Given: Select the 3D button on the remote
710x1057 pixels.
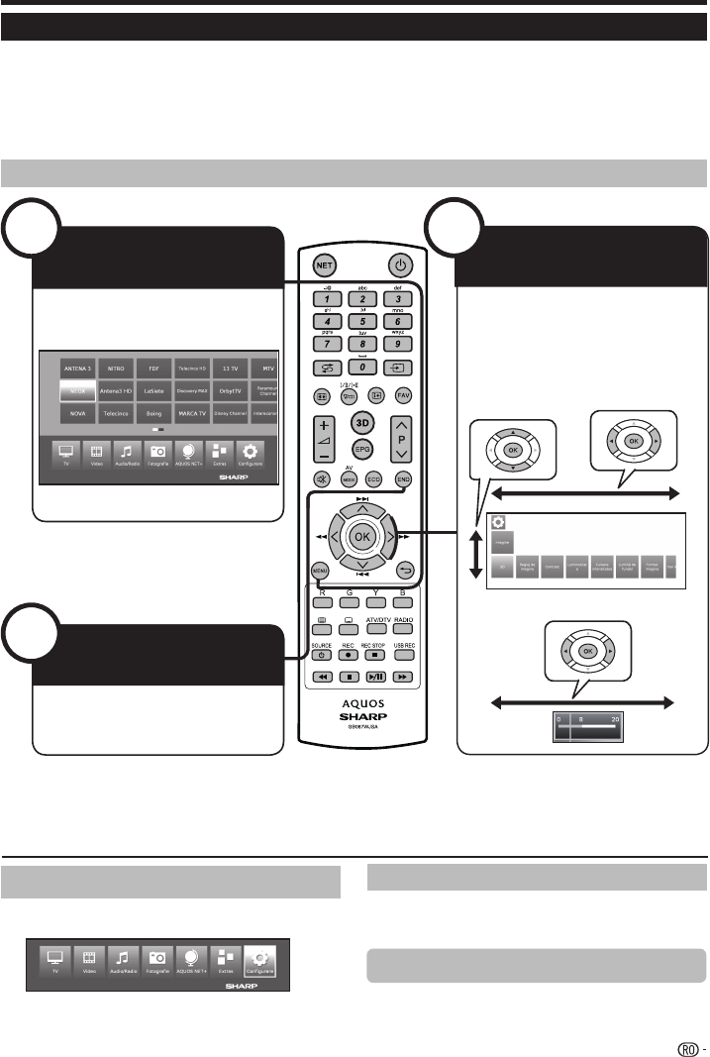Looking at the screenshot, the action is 363,421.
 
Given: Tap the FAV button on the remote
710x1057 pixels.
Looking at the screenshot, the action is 403,394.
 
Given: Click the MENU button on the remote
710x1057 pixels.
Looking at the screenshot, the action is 320,571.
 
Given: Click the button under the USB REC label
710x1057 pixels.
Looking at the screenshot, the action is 403,655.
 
